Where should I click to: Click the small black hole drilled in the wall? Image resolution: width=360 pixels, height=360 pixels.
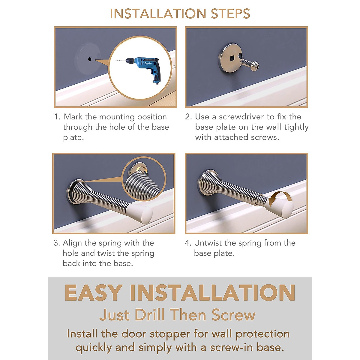[90, 59]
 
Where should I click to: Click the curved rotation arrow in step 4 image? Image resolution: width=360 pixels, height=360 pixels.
[280, 198]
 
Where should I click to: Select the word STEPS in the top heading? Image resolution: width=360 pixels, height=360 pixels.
[230, 14]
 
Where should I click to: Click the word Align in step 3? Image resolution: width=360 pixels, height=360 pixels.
[72, 243]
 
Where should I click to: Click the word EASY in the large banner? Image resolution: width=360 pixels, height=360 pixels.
[93, 293]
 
